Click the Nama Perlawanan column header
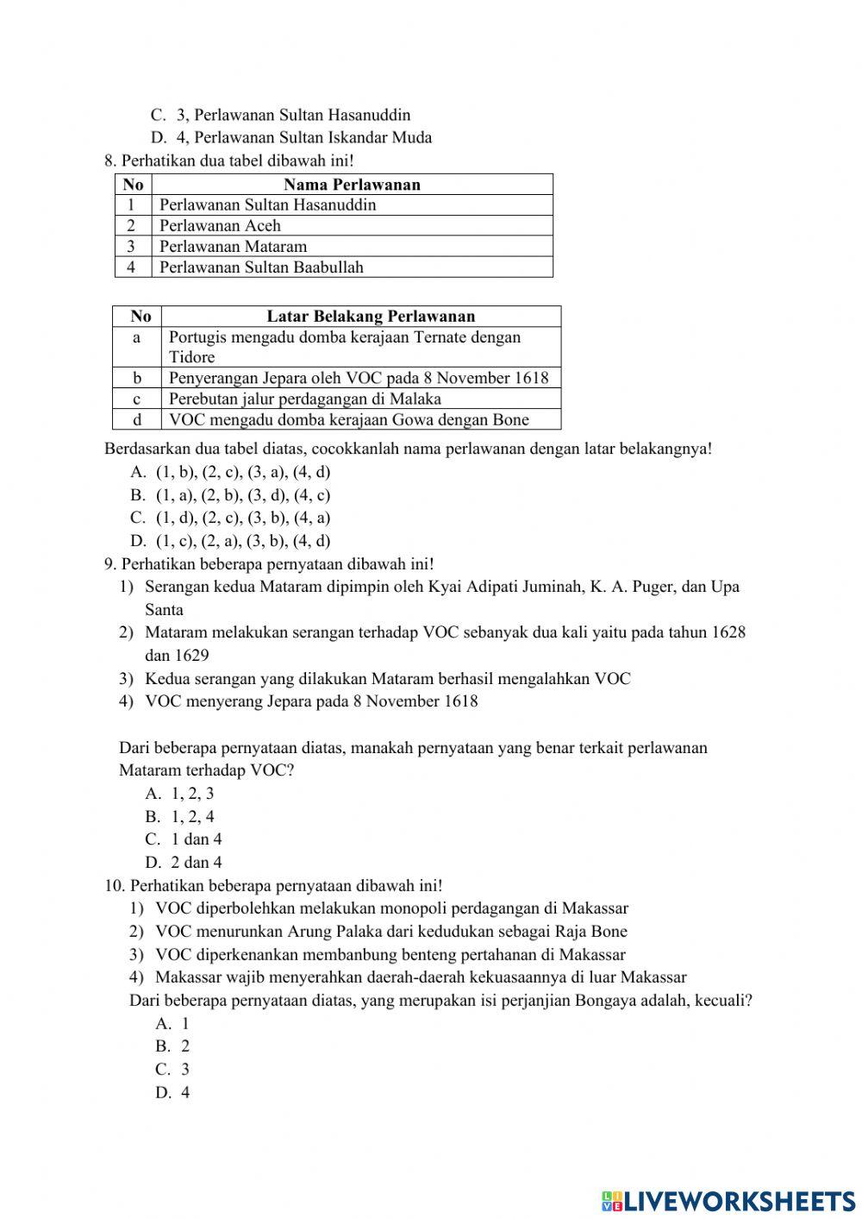(352, 184)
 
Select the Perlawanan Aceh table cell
(220, 225)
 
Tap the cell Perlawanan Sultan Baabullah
(261, 267)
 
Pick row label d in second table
(136, 419)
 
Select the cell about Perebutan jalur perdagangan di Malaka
(305, 399)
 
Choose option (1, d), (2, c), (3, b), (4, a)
(243, 518)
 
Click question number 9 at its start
(109, 564)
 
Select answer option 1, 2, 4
(192, 816)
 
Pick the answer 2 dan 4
(196, 862)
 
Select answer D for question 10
(172, 1092)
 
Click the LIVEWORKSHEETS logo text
(739, 1200)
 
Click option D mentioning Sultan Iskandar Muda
(303, 137)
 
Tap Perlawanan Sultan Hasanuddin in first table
(267, 204)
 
